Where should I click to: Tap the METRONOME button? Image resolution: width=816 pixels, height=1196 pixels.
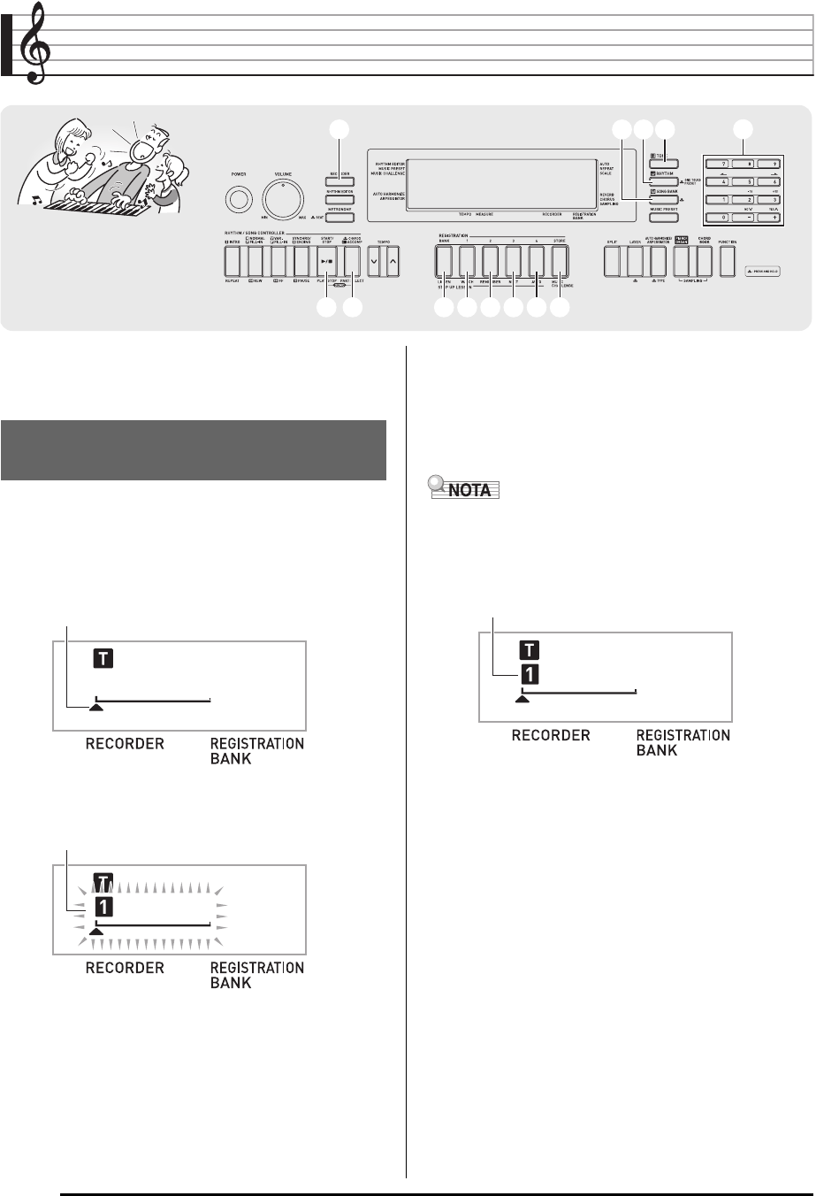[x=339, y=216]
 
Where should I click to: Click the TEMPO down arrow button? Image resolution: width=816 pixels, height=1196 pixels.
[x=374, y=261]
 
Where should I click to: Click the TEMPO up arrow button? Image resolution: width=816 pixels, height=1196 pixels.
[x=393, y=261]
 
